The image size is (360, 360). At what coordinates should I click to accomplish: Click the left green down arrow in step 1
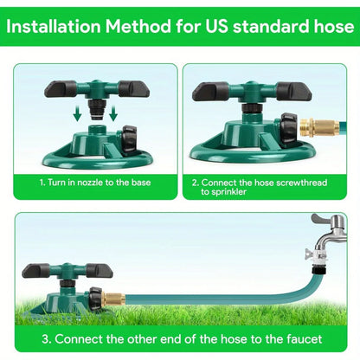pos(77,113)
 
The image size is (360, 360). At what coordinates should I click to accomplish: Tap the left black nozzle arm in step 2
pos(210,90)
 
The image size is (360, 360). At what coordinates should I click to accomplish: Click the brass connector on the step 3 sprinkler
pos(112,299)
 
